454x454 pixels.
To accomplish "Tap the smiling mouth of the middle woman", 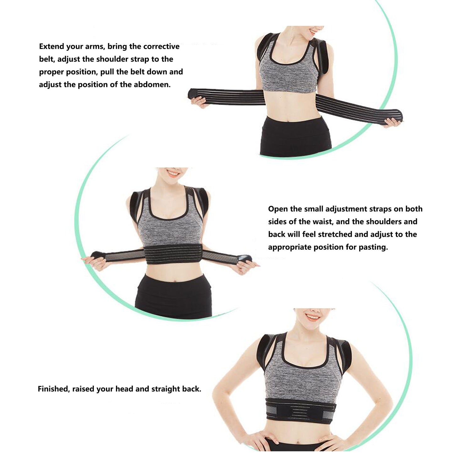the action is click(173, 174).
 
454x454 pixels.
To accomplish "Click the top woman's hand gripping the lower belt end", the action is click(392, 123).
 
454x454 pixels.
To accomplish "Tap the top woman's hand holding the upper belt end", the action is click(199, 102).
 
